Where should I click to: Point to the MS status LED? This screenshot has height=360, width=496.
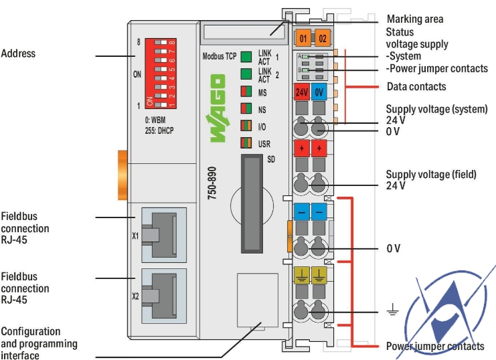pos(246,91)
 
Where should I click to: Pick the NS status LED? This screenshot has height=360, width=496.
pos(246,108)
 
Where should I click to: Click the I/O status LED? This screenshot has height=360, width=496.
pos(246,125)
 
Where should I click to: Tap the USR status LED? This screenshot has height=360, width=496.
pos(246,143)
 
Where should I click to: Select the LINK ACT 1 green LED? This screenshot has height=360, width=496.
pos(246,56)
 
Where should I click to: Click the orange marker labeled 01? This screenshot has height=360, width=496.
pos(303,37)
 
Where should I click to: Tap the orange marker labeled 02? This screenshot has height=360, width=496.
pos(322,37)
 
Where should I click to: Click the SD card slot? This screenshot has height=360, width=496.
pos(252,201)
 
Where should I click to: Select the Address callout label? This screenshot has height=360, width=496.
pos(18,53)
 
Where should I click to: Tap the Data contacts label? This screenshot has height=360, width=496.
pos(416,86)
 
